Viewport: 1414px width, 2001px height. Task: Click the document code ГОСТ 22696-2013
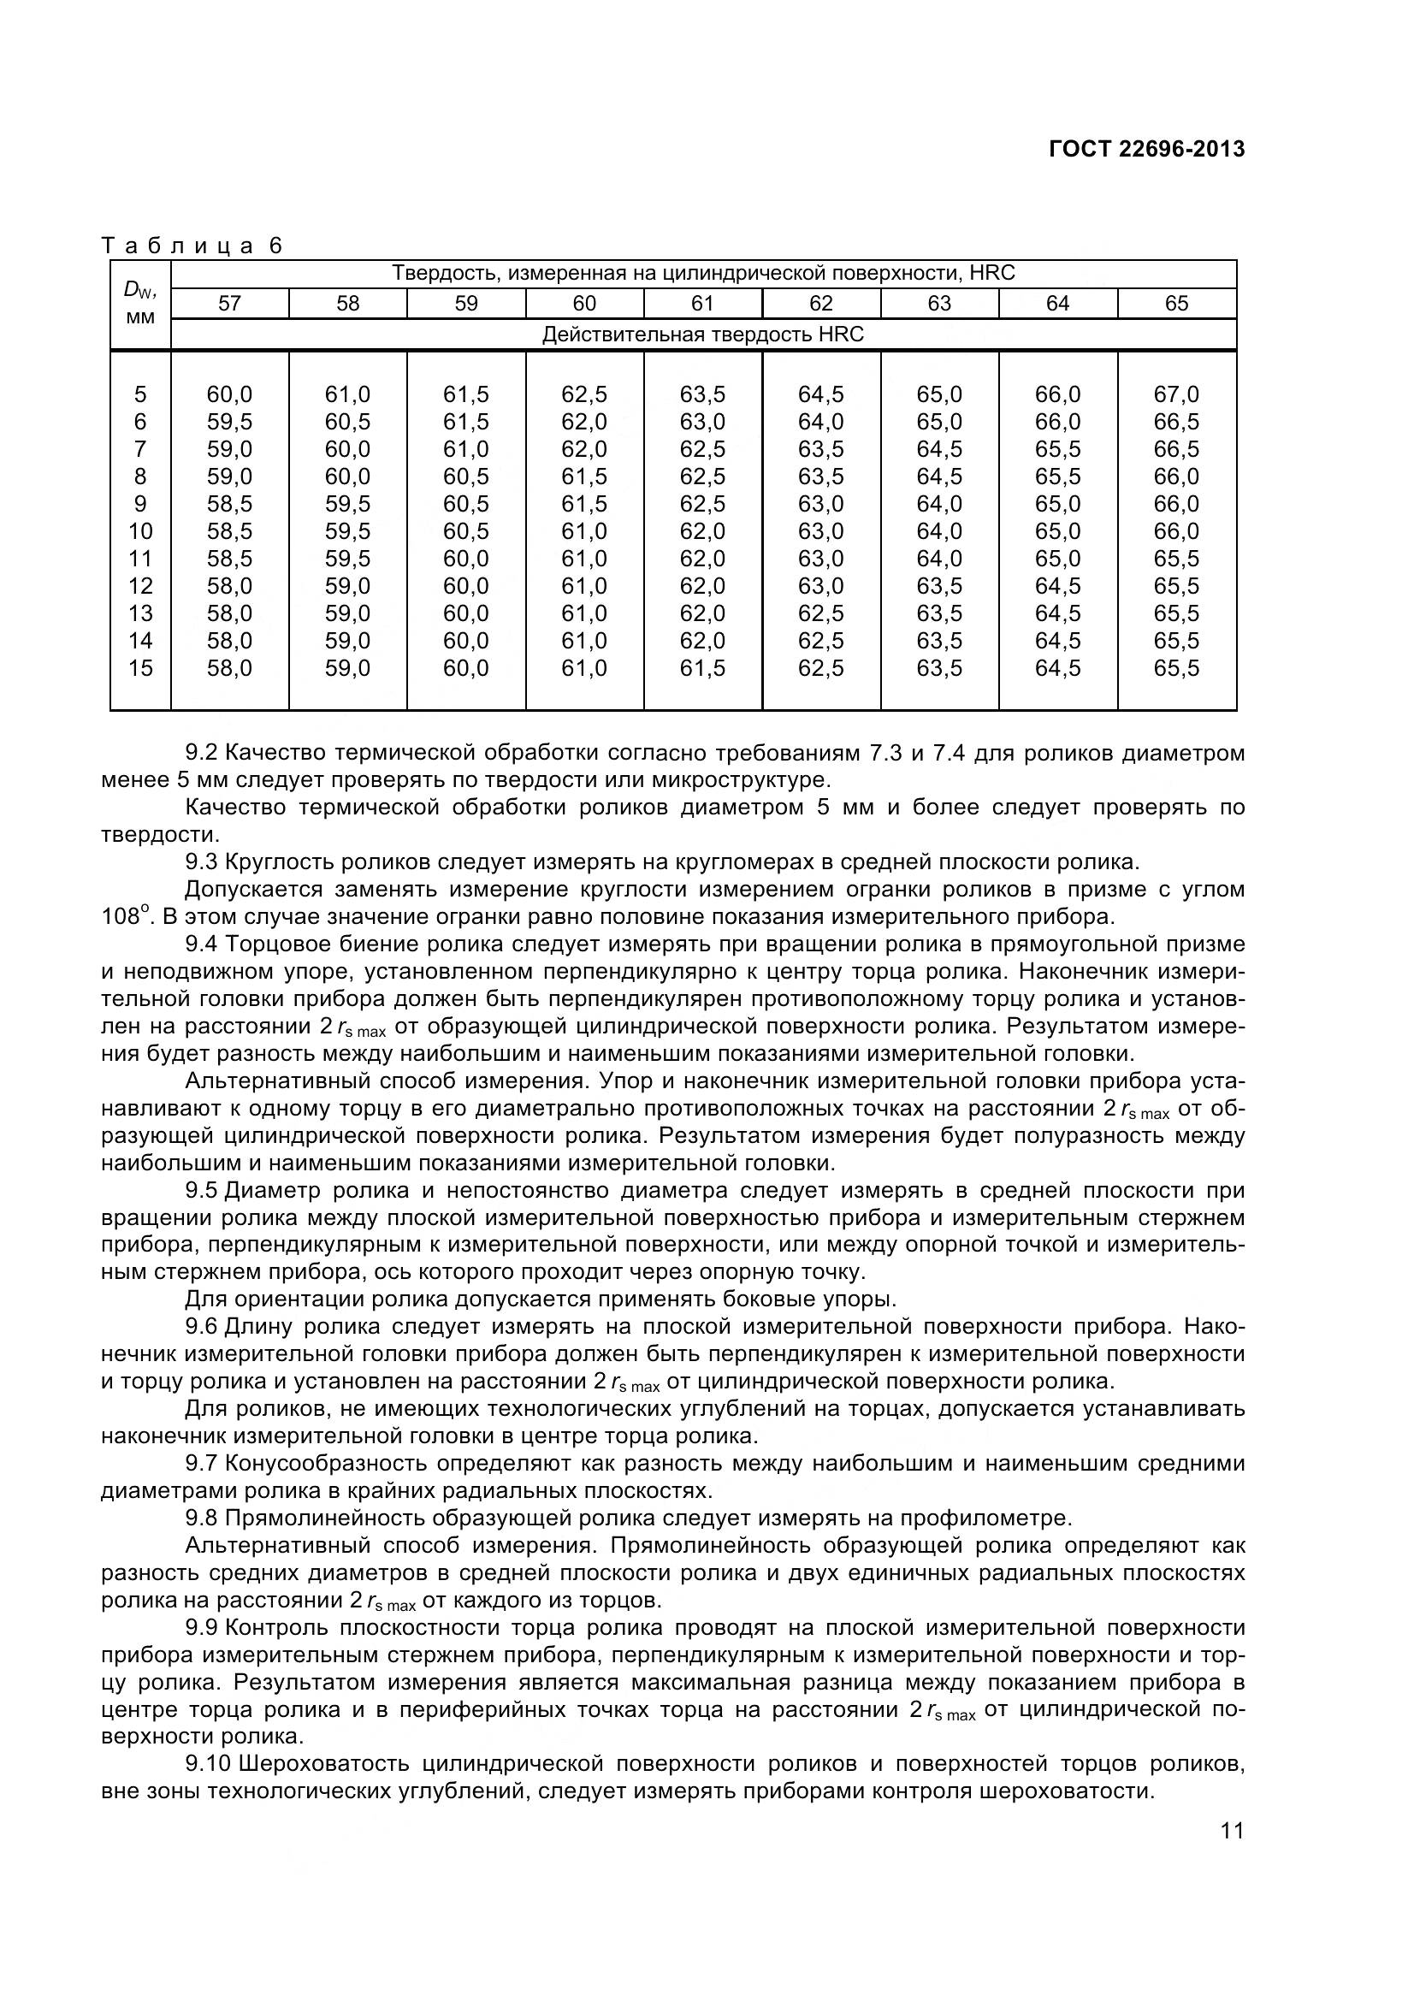coord(1146,150)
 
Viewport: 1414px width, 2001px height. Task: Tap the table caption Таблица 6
coord(192,246)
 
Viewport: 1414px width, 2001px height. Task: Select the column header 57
coord(229,304)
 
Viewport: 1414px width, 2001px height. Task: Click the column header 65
coord(1176,304)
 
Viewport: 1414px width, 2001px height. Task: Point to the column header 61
coord(702,304)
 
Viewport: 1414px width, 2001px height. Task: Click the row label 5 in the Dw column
coord(140,394)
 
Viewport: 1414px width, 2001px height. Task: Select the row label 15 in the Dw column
coord(140,668)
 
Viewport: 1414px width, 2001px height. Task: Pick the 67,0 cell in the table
coord(1176,394)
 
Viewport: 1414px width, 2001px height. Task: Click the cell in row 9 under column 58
coord(347,505)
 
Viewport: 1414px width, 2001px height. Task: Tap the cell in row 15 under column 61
coord(702,668)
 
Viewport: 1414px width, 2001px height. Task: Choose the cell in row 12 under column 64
coord(1057,587)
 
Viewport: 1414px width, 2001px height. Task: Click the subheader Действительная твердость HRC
coord(702,334)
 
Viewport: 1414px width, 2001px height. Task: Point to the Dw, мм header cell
coord(140,304)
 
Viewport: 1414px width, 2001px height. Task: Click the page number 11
coord(1232,1831)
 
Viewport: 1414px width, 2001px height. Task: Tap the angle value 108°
coord(121,917)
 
